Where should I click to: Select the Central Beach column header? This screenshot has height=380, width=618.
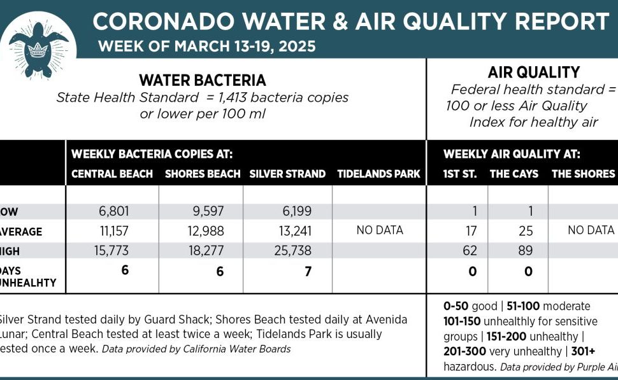point(112,174)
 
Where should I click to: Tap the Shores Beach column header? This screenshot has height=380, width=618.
point(203,174)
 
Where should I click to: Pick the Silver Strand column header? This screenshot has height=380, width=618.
point(287,174)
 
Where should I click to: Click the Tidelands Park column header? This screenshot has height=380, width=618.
point(378,174)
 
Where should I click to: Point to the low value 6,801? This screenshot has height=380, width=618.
point(112,211)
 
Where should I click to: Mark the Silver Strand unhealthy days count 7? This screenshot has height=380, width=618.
point(308,271)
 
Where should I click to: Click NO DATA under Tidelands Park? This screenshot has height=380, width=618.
point(380,230)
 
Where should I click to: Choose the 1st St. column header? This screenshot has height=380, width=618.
point(460,174)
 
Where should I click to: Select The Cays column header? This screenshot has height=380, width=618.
point(514,174)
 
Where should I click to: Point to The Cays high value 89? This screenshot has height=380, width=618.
point(526,251)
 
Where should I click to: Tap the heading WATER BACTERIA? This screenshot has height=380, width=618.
point(203,80)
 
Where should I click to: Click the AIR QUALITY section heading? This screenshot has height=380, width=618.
point(524,73)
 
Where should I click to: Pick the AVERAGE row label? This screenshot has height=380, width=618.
point(21,232)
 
